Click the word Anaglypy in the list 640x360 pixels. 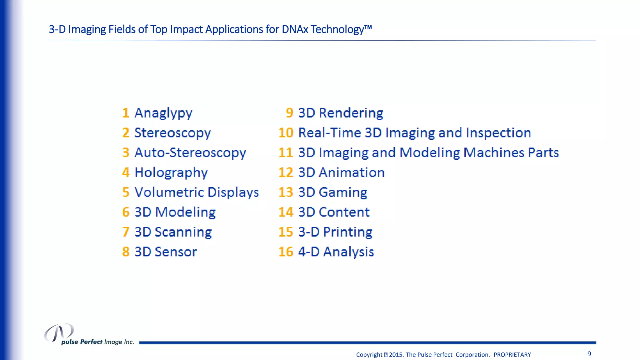click(163, 113)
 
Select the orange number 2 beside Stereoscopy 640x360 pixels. click(126, 133)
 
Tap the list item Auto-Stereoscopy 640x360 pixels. click(190, 153)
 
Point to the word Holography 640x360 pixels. click(171, 172)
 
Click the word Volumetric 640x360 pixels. click(169, 192)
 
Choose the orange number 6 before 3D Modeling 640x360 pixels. click(126, 212)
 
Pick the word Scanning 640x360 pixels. click(183, 232)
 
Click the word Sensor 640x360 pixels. click(176, 252)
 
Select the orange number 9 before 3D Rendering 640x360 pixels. click(289, 113)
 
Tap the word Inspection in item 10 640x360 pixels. click(498, 133)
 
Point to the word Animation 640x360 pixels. click(352, 172)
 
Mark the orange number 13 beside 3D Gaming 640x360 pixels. click(286, 192)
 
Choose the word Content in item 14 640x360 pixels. click(344, 212)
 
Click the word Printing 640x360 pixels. click(347, 232)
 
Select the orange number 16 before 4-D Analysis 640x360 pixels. click(286, 252)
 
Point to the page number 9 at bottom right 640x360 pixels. click(589, 354)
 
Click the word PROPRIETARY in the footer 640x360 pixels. click(512, 355)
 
